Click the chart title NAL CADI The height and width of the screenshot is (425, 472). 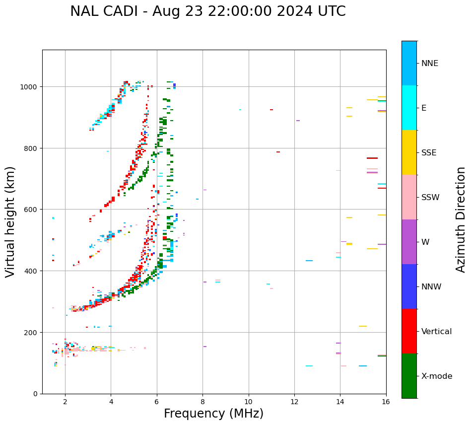point(207,11)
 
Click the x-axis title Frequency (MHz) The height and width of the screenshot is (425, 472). point(213,414)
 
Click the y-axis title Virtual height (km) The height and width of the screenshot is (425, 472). point(10,222)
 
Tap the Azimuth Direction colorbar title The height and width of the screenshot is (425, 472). point(461,219)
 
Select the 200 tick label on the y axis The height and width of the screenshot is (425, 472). point(31,332)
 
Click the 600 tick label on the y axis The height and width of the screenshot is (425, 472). point(31,210)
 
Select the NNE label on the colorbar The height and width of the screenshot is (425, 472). point(430,64)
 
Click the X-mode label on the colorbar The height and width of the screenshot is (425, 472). point(437,376)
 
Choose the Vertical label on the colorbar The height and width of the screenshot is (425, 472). point(437,332)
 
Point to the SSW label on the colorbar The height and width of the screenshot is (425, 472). point(430,198)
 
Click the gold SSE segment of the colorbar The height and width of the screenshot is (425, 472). point(409,152)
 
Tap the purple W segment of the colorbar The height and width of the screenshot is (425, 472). point(409,242)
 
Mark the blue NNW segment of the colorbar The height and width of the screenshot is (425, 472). point(409,286)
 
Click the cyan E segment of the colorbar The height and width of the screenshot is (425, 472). point(409,108)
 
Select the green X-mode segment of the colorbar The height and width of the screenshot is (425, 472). point(409,376)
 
